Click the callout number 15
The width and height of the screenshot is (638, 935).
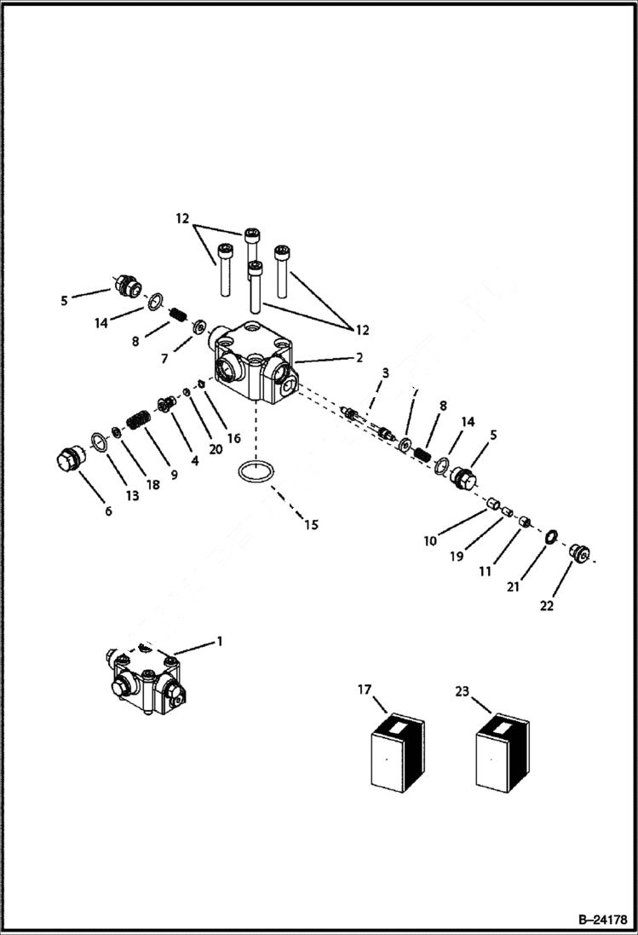click(311, 525)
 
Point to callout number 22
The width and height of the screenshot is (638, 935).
click(546, 606)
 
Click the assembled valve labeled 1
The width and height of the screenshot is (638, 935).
click(146, 678)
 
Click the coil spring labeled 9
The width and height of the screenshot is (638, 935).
click(138, 420)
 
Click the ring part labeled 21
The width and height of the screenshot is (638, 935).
click(549, 536)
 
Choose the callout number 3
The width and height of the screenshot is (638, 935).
click(385, 373)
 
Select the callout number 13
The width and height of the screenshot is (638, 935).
click(133, 495)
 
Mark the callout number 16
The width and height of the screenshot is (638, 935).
click(234, 438)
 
